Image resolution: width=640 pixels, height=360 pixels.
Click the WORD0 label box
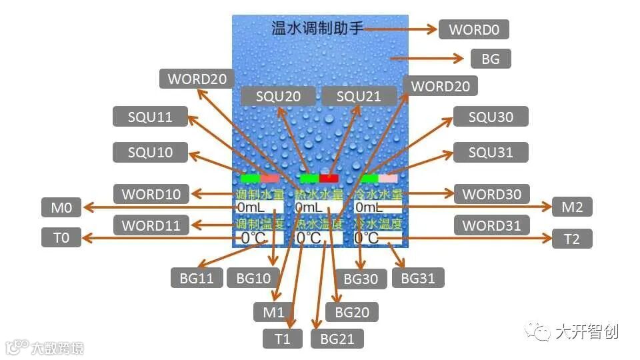pyautogui.click(x=474, y=29)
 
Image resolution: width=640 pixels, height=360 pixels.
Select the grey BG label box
pyautogui.click(x=491, y=59)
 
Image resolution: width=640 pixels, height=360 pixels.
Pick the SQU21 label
pyautogui.click(x=359, y=96)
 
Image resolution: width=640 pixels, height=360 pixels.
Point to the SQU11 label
pyautogui.click(x=150, y=117)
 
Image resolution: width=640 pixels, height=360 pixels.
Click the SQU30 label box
pyautogui.click(x=491, y=117)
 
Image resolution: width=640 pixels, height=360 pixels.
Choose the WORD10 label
pyautogui.click(x=151, y=195)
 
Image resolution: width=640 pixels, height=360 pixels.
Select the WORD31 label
pyautogui.click(x=491, y=225)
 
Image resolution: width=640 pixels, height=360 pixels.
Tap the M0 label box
pyautogui.click(x=61, y=208)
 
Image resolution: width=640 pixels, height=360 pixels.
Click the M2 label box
pyautogui.click(x=572, y=207)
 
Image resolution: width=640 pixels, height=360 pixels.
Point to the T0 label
pyautogui.click(x=61, y=238)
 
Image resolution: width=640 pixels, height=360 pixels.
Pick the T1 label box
pyautogui.click(x=283, y=339)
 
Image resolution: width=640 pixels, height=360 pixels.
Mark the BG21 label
pyautogui.click(x=337, y=339)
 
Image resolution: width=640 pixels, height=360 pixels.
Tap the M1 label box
pyautogui.click(x=273, y=311)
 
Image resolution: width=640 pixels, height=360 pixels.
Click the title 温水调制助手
pyautogui.click(x=317, y=29)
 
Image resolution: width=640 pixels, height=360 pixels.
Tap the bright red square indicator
pyautogui.click(x=329, y=178)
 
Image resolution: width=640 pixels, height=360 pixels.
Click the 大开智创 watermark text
pyautogui.click(x=587, y=331)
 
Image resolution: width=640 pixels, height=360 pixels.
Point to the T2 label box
pyautogui.click(x=572, y=239)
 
